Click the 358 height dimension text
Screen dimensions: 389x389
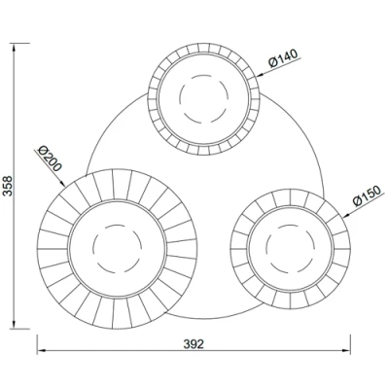pos(8,185)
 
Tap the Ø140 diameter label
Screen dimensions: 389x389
pos(281,60)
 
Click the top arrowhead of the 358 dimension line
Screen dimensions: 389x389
pos(17,44)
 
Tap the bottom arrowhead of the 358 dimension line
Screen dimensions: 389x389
pos(17,325)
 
